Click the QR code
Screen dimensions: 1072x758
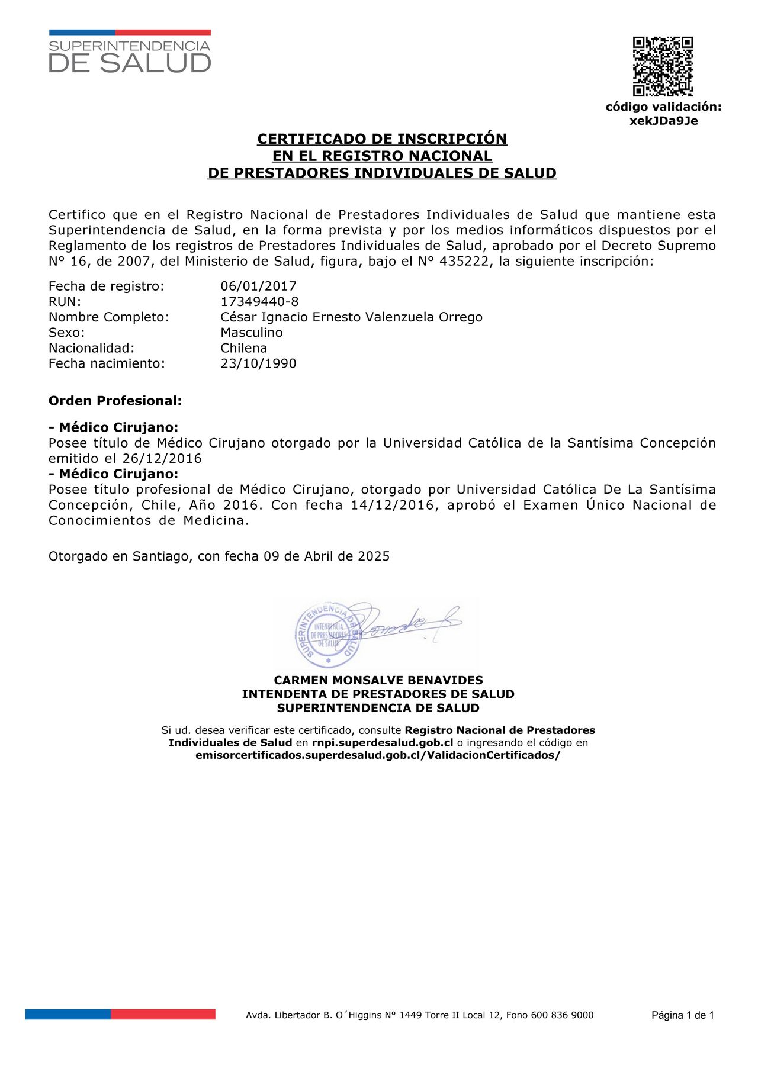pos(663,66)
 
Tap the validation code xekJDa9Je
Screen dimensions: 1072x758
pos(663,121)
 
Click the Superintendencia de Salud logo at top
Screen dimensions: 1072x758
pos(130,52)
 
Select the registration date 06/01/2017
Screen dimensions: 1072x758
pos(258,286)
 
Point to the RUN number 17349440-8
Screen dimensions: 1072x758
pos(259,302)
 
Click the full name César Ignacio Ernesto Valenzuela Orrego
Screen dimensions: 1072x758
pos(351,317)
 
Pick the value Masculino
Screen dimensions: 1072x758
pos(252,333)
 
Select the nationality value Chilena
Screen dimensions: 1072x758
pos(243,348)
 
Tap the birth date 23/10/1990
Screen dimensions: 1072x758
pos(258,363)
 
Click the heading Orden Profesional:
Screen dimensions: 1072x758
pos(115,401)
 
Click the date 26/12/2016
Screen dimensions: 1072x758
pos(162,459)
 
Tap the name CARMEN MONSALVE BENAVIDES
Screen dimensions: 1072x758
pos(378,680)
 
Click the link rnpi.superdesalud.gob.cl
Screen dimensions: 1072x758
pos(382,743)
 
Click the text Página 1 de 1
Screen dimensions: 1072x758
pos(682,1015)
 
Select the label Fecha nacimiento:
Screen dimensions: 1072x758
pos(107,363)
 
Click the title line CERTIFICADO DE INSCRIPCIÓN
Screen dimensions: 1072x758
pos(382,139)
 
